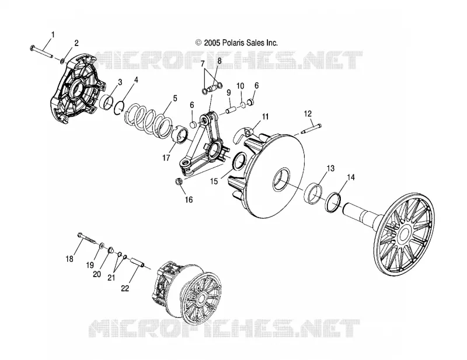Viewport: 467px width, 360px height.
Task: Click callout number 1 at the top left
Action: (53, 35)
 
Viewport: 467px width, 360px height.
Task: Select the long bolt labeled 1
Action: (41, 51)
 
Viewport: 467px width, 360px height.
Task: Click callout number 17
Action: (166, 158)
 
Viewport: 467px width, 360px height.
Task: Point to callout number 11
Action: (265, 117)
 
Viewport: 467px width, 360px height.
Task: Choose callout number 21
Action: (111, 278)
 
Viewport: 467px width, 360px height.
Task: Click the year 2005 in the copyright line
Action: (212, 43)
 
